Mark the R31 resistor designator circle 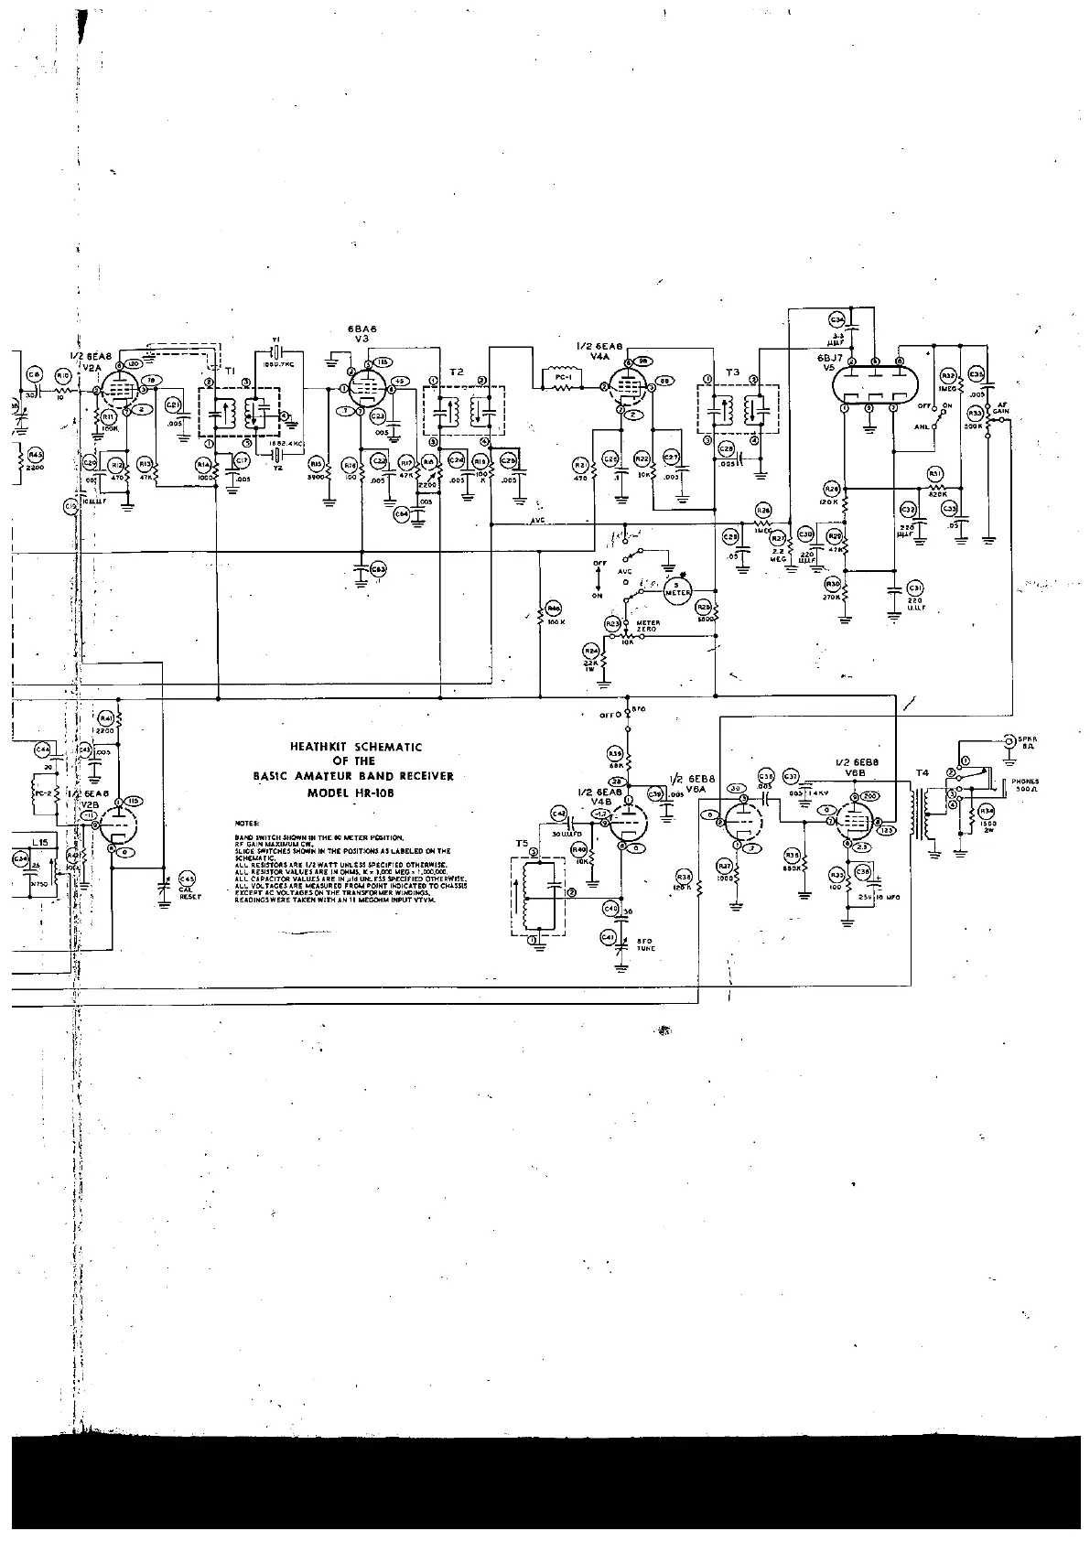point(934,472)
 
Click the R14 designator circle point(204,464)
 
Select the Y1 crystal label point(275,339)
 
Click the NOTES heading point(246,824)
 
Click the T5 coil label point(522,842)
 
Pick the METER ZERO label point(648,625)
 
